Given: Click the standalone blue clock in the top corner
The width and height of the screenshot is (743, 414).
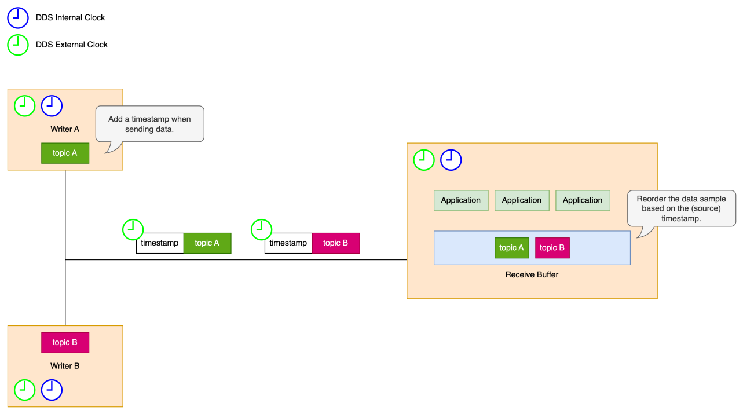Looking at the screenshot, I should [17, 18].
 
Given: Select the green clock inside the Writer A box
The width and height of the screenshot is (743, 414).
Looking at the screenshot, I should [24, 106].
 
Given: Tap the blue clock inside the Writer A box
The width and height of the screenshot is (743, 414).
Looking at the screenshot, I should [52, 106].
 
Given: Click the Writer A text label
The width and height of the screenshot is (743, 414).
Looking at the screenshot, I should [65, 129].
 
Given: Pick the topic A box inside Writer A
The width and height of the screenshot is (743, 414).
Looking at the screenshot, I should [65, 153].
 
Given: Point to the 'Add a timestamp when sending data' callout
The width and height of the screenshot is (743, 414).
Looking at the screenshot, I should [149, 123].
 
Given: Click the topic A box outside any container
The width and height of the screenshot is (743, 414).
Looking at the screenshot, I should [207, 243].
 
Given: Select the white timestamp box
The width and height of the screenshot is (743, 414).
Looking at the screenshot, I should [288, 243].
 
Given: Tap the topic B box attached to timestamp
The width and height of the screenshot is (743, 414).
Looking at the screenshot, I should [336, 243].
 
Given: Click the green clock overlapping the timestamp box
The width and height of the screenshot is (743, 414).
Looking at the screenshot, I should [261, 229].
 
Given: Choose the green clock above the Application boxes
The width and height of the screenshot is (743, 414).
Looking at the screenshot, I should [424, 160].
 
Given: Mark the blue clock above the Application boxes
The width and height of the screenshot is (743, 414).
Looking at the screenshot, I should [451, 160].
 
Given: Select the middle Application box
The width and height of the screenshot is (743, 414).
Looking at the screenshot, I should [522, 200].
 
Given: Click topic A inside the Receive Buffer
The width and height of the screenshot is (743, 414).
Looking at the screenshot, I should [512, 248].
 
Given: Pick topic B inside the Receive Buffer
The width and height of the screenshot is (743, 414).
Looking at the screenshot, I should [552, 248].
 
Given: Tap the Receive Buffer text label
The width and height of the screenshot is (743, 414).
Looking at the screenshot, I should [532, 274].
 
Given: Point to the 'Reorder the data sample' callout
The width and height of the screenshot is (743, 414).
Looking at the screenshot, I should [681, 208].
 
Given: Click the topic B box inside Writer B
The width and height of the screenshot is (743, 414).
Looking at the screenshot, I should [65, 342].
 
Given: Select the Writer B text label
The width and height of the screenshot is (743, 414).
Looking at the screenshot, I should [65, 366].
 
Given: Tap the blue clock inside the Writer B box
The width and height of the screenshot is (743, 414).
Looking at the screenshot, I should [52, 390].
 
